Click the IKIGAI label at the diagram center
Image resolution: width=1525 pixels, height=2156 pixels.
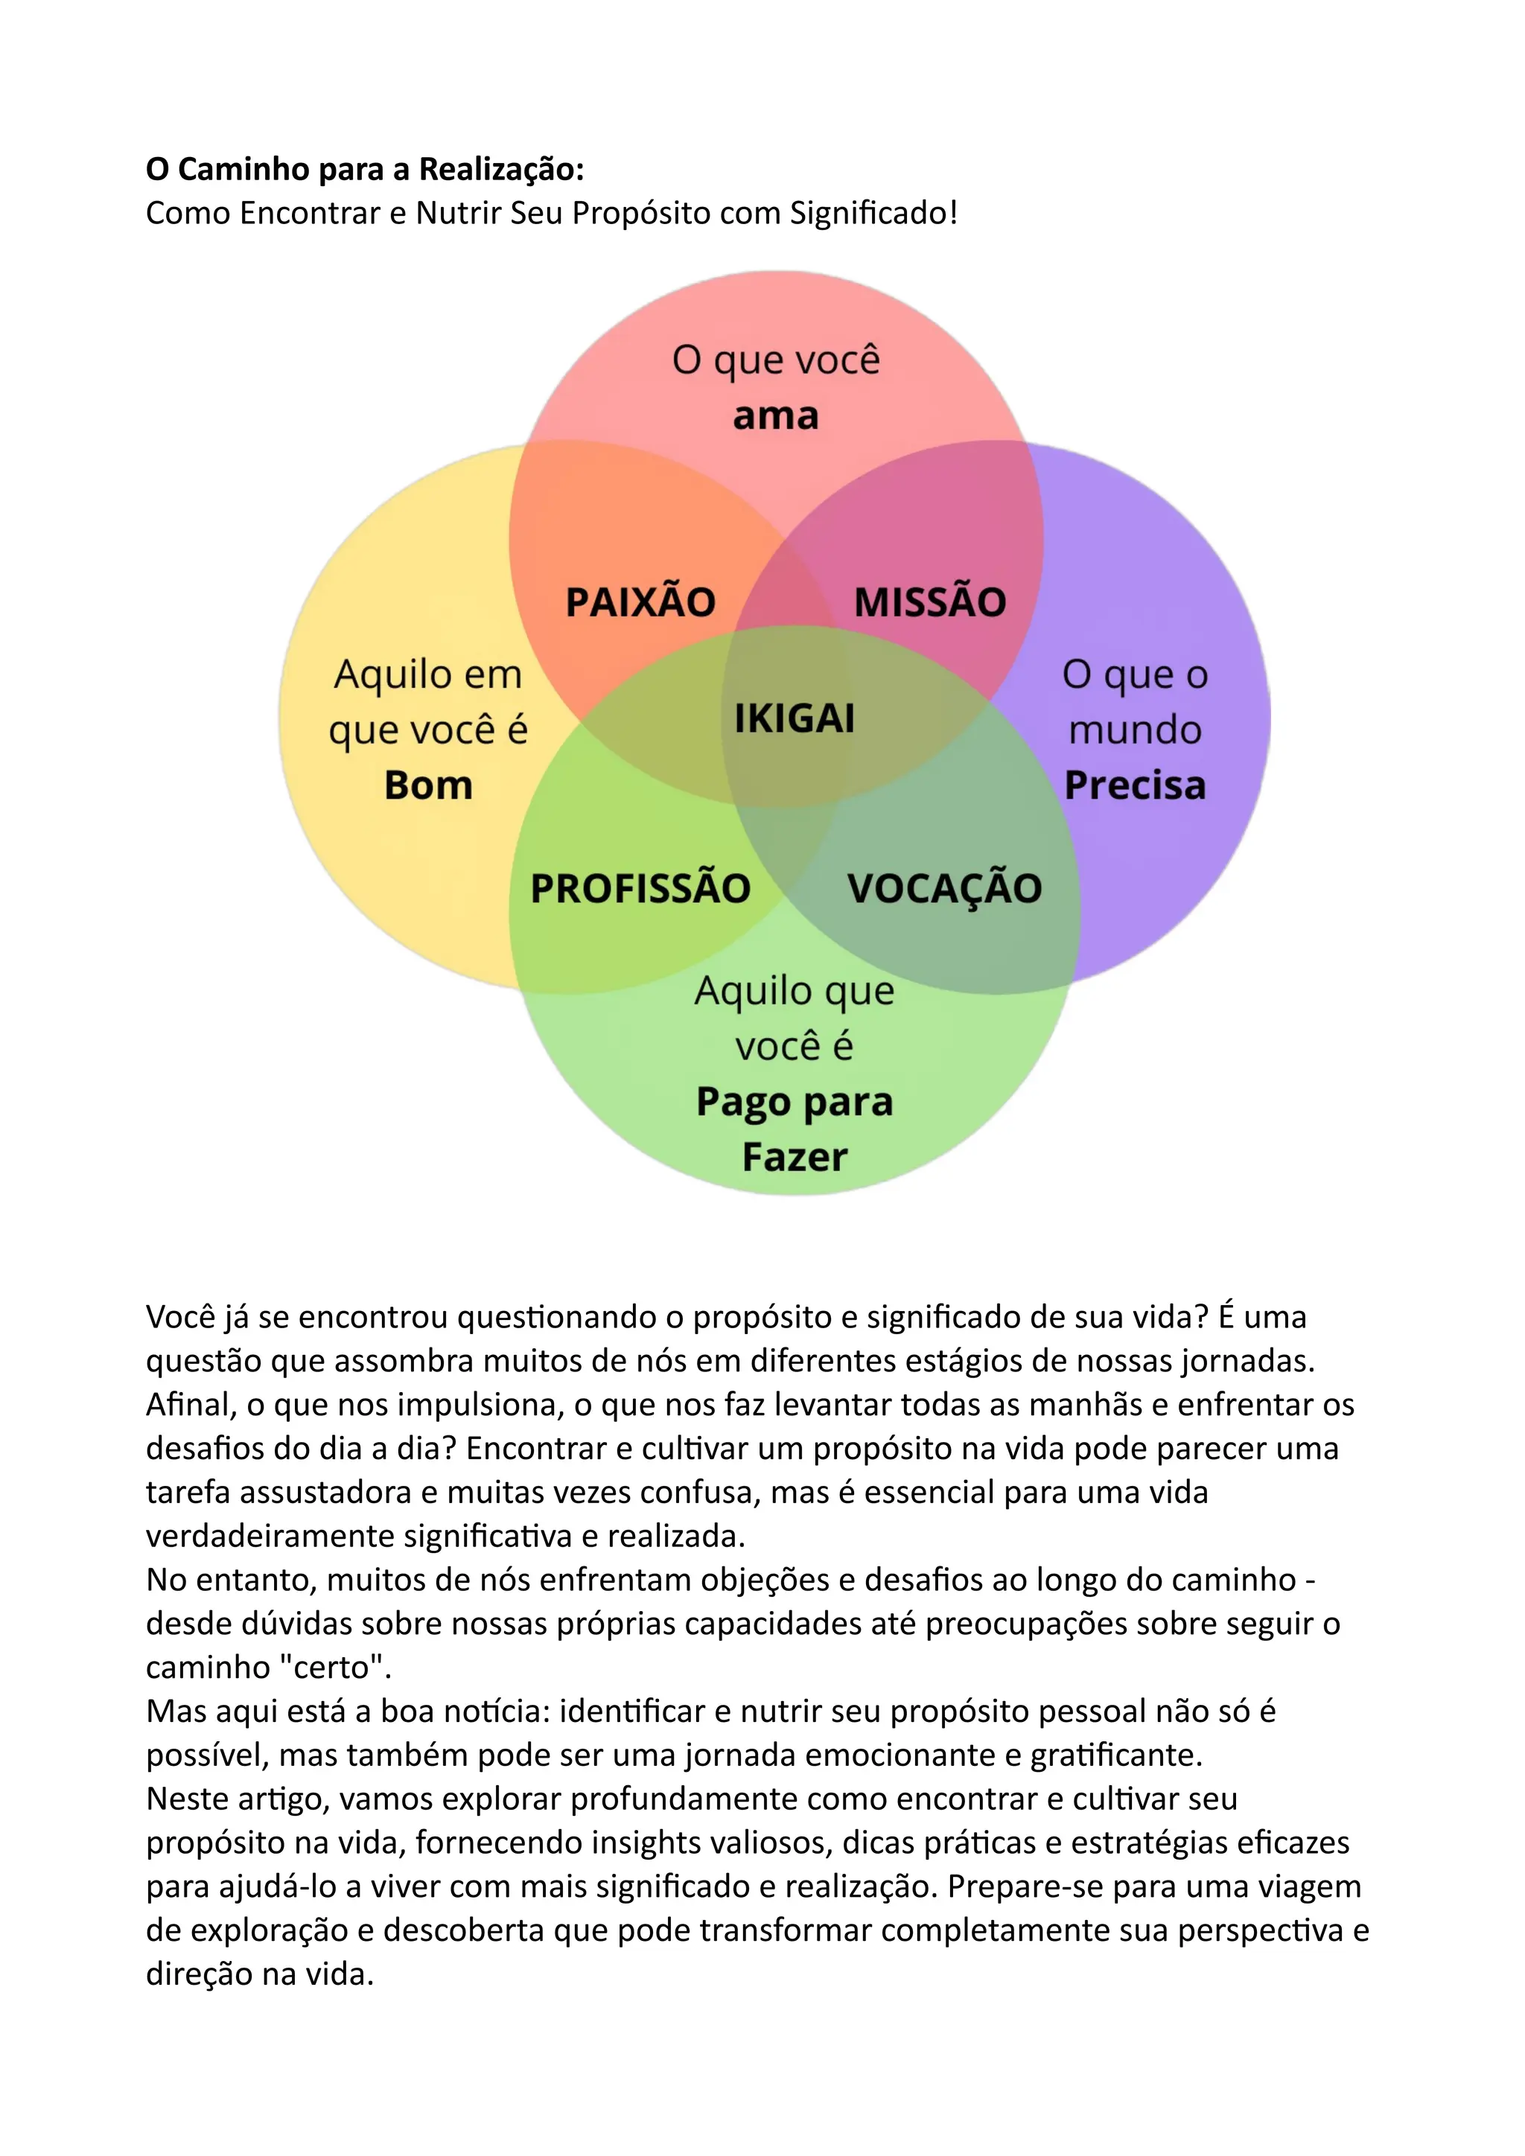click(x=795, y=718)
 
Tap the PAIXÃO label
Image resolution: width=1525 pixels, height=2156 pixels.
click(x=640, y=602)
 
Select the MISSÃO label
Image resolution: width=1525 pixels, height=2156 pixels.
click(x=929, y=602)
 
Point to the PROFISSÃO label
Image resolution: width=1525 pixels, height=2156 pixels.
click(x=640, y=888)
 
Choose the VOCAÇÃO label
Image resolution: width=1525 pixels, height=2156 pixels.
click(x=945, y=888)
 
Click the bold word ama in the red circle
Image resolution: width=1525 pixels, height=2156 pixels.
click(x=776, y=415)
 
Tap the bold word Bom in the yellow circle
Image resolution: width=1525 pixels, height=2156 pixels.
click(x=428, y=785)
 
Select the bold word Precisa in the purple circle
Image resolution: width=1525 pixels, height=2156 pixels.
click(x=1134, y=785)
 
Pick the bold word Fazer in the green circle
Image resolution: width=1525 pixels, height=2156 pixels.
click(x=795, y=1157)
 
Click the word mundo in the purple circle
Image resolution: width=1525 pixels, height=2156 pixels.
click(x=1134, y=730)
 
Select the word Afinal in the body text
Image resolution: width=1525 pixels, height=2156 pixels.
click(x=191, y=1405)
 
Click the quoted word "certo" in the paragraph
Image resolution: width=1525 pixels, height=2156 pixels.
click(x=334, y=1668)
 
